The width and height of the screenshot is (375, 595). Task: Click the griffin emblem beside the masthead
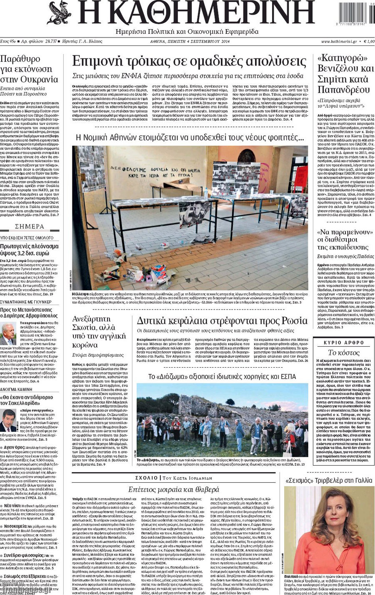[59, 13]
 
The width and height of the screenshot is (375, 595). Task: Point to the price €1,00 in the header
[368, 41]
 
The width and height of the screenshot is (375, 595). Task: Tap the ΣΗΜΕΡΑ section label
[30, 226]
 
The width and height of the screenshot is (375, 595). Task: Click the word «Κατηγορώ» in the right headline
[342, 58]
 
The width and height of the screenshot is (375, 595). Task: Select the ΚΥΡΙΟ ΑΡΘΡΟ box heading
[344, 343]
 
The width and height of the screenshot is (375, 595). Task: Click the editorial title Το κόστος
[344, 353]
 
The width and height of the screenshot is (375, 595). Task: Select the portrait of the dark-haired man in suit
[8, 420]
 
